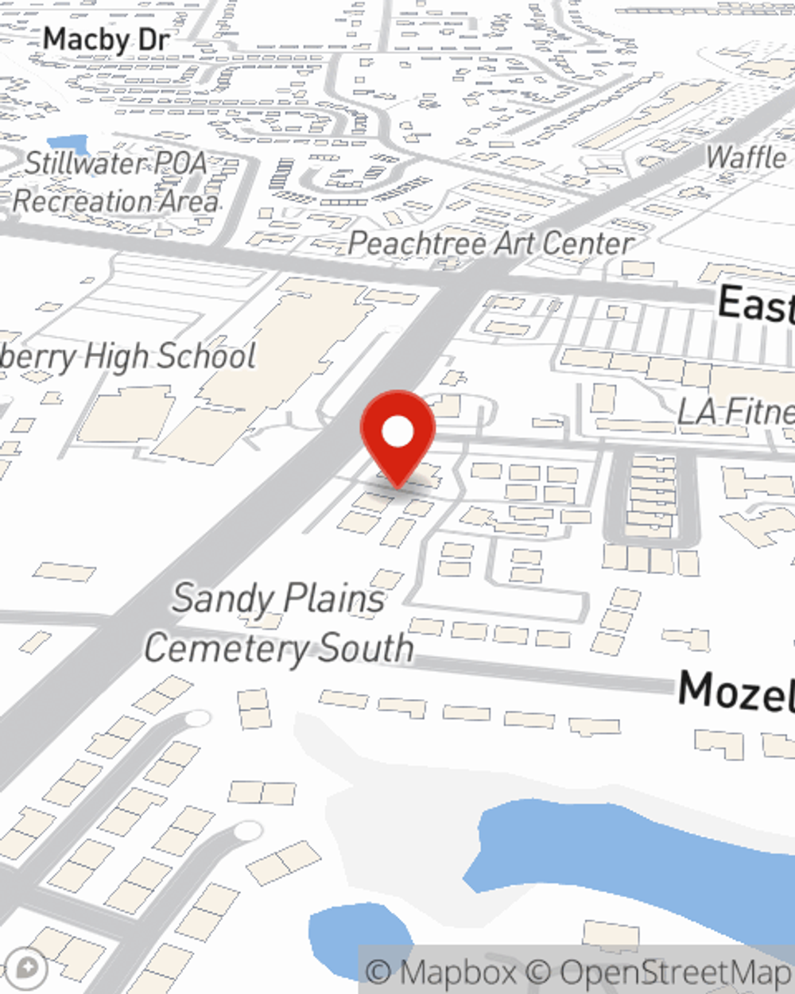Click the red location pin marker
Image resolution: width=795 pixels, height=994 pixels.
click(397, 437)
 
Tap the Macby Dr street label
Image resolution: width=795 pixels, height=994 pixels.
click(107, 39)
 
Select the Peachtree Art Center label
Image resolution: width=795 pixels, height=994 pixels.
click(491, 243)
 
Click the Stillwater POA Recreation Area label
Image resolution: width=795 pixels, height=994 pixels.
click(116, 182)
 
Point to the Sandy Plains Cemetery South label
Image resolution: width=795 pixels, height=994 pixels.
click(279, 623)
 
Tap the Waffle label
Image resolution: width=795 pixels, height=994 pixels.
click(746, 157)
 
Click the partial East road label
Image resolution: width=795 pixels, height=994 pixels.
click(755, 304)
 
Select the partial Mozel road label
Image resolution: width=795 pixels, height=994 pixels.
click(736, 690)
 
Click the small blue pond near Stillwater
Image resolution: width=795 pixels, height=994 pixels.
click(68, 144)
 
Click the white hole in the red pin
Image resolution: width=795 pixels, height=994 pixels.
click(397, 433)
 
